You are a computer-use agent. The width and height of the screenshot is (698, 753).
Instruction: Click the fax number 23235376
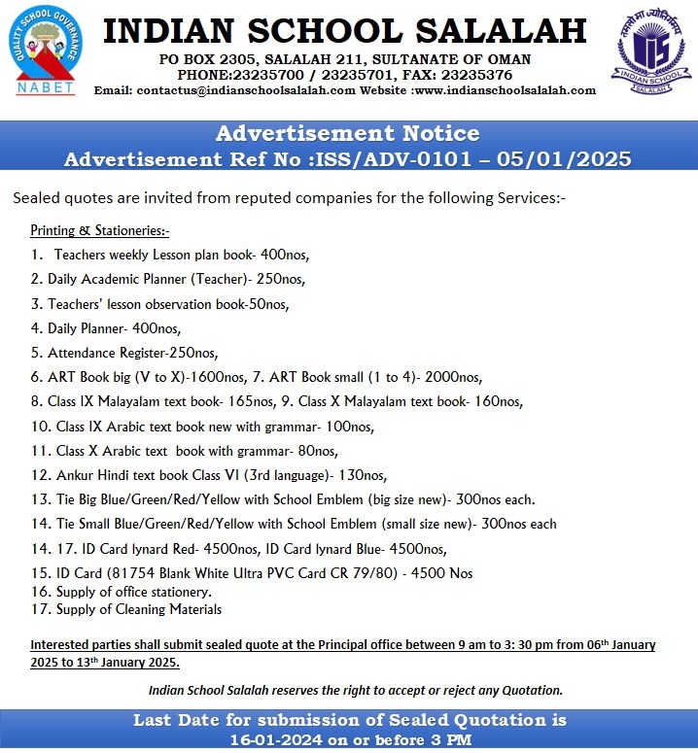pos(477,74)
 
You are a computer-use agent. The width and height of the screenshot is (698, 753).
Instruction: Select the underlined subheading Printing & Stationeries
pos(99,230)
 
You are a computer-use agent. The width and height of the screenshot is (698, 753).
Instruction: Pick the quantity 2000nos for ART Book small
pos(454,377)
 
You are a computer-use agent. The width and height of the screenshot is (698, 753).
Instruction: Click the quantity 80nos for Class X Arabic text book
pos(314,451)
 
